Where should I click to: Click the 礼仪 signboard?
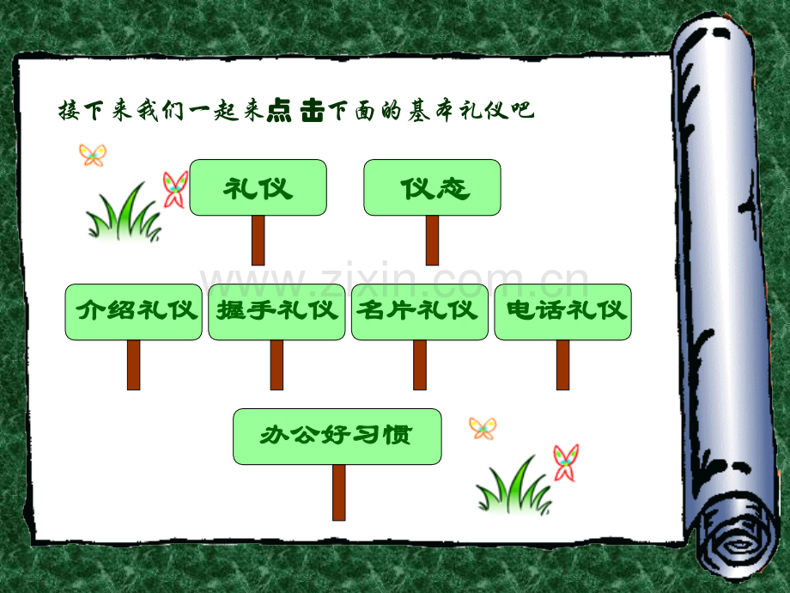pyautogui.click(x=258, y=187)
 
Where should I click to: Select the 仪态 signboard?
pyautogui.click(x=432, y=187)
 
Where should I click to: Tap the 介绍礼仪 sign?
pyautogui.click(x=133, y=312)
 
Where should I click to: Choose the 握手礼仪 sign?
pyautogui.click(x=276, y=312)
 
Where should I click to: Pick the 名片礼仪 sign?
pyautogui.click(x=420, y=312)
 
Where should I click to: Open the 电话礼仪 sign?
pyautogui.click(x=562, y=312)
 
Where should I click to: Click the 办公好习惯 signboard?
pyautogui.click(x=337, y=437)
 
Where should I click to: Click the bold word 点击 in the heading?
pyautogui.click(x=295, y=110)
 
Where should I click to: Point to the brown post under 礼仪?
pyautogui.click(x=258, y=241)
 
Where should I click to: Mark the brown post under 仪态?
pyautogui.click(x=432, y=241)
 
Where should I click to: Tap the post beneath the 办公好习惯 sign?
pyautogui.click(x=339, y=492)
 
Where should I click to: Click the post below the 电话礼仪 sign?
pyautogui.click(x=562, y=365)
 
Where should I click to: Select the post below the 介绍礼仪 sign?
pyautogui.click(x=133, y=365)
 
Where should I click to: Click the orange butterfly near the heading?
pyautogui.click(x=93, y=155)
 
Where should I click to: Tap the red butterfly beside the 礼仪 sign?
pyautogui.click(x=175, y=190)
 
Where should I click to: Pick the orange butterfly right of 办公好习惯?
pyautogui.click(x=483, y=428)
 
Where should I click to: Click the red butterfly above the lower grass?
pyautogui.click(x=565, y=463)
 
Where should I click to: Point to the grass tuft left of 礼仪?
pyautogui.click(x=124, y=214)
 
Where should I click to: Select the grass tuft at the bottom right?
pyautogui.click(x=513, y=486)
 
